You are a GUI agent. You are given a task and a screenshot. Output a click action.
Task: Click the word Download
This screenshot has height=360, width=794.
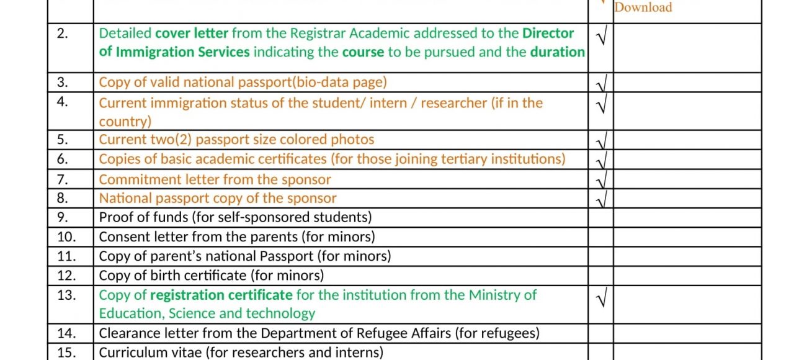[643, 7]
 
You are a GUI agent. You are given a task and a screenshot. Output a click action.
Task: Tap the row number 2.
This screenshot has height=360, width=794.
[63, 34]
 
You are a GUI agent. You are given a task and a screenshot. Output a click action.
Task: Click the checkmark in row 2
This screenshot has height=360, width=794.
[600, 37]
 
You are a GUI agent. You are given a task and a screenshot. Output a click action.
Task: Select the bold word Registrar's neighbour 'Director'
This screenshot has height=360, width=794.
[548, 33]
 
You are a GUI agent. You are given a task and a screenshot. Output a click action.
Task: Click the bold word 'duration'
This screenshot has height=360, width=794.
[557, 52]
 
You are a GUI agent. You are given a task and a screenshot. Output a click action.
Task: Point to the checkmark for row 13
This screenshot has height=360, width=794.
[600, 299]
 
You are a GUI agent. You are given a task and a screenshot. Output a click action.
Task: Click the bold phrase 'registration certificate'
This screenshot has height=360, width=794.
[221, 295]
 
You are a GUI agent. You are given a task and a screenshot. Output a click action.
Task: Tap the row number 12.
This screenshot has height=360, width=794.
[66, 276]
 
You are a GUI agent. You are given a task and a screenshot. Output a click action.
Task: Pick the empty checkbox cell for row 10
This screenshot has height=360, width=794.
[600, 236]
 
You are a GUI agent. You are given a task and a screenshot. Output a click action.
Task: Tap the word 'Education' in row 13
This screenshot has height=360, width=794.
[130, 313]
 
